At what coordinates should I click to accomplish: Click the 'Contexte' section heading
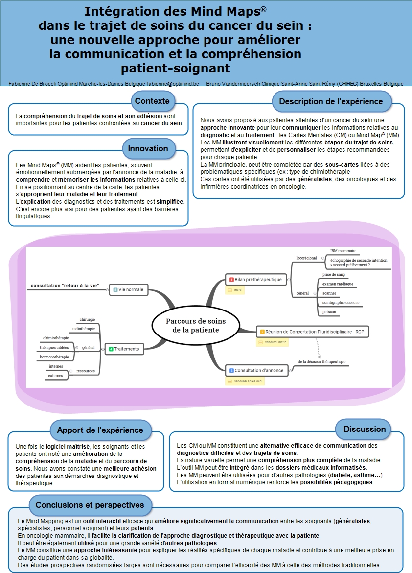(x=152, y=101)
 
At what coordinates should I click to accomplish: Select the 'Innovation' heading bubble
(x=148, y=149)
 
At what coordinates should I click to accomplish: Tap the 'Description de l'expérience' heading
(x=331, y=101)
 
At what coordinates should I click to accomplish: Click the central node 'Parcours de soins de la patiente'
(x=196, y=326)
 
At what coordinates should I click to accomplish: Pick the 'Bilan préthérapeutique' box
(x=255, y=280)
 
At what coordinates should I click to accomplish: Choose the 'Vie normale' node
(x=129, y=289)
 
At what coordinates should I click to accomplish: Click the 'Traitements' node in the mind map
(x=124, y=349)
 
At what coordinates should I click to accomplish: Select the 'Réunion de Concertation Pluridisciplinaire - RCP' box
(x=312, y=332)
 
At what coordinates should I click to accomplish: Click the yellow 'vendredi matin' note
(x=272, y=342)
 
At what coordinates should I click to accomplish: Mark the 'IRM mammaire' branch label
(x=343, y=251)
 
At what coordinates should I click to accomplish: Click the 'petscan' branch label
(x=329, y=312)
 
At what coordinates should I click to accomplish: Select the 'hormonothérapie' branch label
(x=54, y=357)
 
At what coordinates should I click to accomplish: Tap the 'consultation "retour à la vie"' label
(x=65, y=286)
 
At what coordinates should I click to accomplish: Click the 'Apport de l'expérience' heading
(x=100, y=430)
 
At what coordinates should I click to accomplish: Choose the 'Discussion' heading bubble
(x=365, y=429)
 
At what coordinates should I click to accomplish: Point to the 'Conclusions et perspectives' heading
(x=90, y=505)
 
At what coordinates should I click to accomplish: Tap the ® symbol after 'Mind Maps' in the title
(x=264, y=9)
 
